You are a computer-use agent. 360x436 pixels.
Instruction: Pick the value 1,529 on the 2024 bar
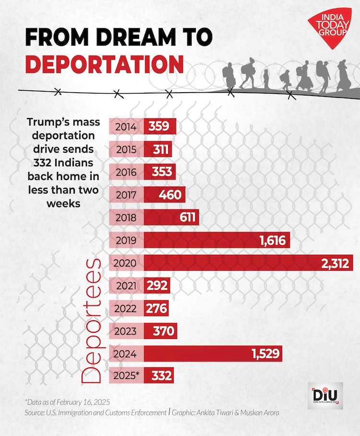(264, 354)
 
